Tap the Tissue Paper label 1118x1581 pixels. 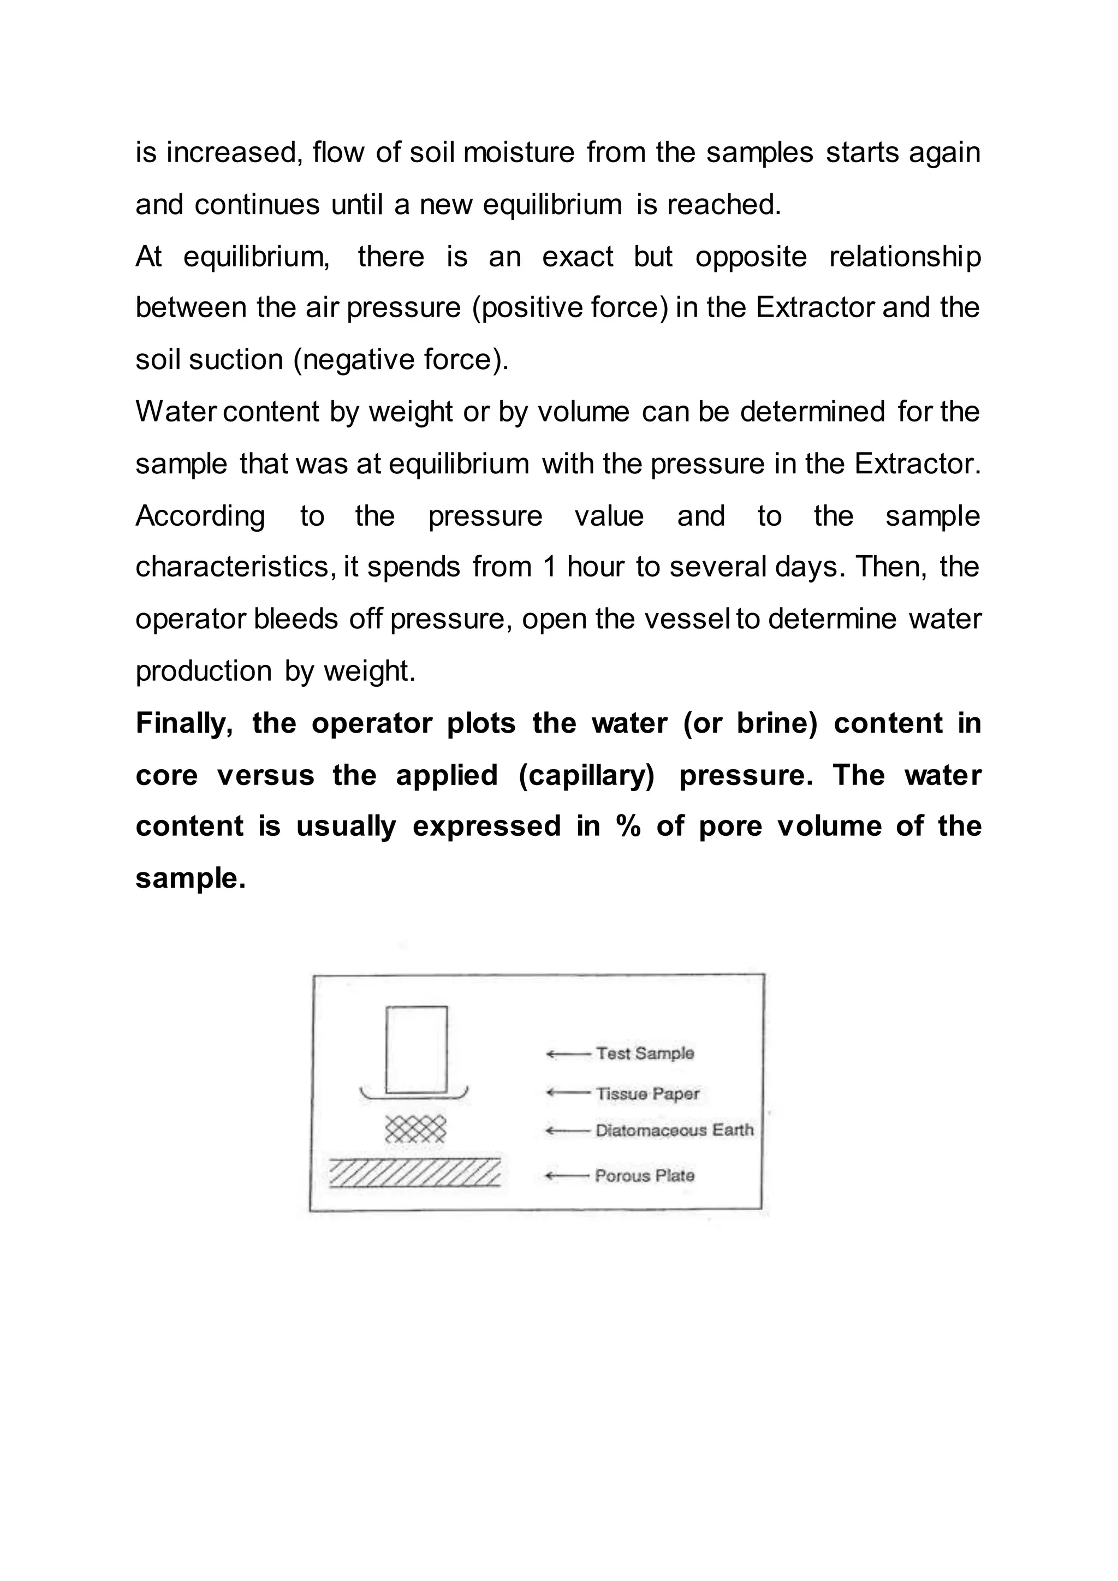click(647, 1093)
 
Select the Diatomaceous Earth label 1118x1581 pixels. click(674, 1130)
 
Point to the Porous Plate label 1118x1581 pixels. click(644, 1175)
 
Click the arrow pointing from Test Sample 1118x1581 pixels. click(568, 1054)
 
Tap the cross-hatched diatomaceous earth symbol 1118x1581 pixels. click(415, 1128)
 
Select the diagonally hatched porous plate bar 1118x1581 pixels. click(414, 1173)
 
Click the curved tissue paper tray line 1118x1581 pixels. click(414, 1096)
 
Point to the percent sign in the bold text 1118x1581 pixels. click(628, 827)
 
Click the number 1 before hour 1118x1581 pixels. click(549, 567)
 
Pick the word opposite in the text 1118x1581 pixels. click(751, 257)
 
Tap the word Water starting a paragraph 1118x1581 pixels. click(176, 412)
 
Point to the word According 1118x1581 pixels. click(200, 516)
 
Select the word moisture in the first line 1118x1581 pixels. click(519, 152)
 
